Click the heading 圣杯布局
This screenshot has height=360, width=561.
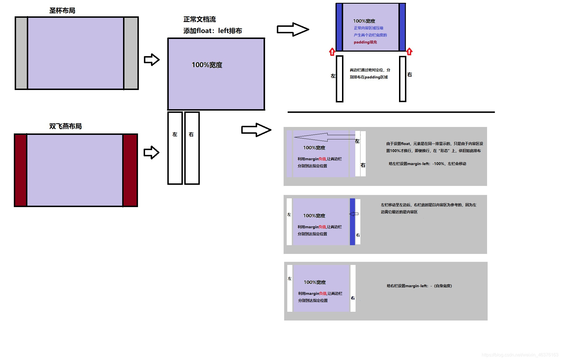pos(62,11)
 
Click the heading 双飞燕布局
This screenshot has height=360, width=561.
pos(65,126)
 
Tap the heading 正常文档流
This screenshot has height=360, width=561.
pos(200,19)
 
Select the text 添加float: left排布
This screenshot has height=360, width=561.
pos(212,31)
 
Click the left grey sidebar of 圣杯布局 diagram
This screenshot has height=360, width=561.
pos(21,53)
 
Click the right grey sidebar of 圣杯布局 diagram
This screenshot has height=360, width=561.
pos(131,53)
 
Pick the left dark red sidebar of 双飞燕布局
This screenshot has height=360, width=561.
pos(21,170)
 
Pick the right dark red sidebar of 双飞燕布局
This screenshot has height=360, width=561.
pos(130,170)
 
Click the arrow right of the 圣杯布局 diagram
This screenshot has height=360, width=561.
pos(152,60)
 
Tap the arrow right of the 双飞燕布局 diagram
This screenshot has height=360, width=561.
pos(152,152)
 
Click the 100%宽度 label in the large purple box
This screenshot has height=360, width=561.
pos(207,65)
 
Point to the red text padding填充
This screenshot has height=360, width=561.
pos(365,42)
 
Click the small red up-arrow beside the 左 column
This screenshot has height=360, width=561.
pos(332,52)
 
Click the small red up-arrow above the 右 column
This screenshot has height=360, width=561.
pos(409,52)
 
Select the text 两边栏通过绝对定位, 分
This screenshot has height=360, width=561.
pos(370,70)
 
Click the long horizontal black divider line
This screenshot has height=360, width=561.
pos(391,112)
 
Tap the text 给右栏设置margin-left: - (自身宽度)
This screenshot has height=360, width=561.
pos(419,286)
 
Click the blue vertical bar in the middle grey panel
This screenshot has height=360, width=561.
pos(352,221)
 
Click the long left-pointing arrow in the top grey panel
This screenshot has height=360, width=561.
pos(325,137)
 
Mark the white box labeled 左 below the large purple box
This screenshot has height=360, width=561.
pos(175,148)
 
